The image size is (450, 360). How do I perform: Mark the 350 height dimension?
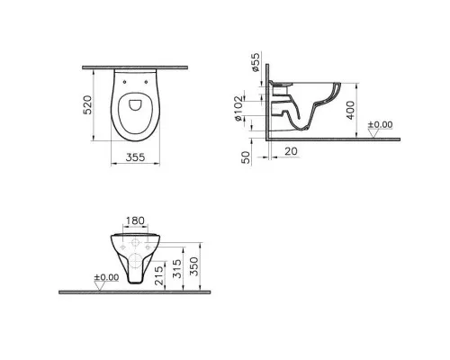coord(207,267)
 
